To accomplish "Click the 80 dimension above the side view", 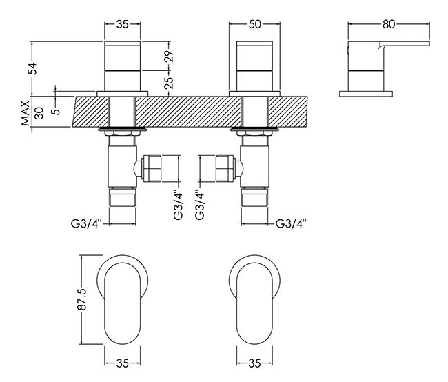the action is click(389, 24).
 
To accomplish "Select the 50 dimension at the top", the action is click(255, 24).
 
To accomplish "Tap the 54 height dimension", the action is click(34, 69).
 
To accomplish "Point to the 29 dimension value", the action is click(169, 57).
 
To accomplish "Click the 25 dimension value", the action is click(169, 83).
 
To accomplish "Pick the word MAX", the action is click(26, 113).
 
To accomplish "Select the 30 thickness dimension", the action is click(39, 113).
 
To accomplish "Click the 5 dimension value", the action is click(57, 110).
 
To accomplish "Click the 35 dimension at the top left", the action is click(122, 24).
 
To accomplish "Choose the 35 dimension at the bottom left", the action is click(122, 363).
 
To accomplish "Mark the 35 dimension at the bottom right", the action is click(254, 363).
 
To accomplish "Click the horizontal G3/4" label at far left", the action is click(87, 223).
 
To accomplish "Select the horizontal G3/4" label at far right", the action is click(291, 223).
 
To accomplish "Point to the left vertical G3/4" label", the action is click(178, 205).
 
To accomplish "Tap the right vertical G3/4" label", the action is click(200, 205).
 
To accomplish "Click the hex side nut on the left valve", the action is click(152, 168).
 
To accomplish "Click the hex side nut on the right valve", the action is click(225, 168).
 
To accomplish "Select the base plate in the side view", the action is click(366, 94).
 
